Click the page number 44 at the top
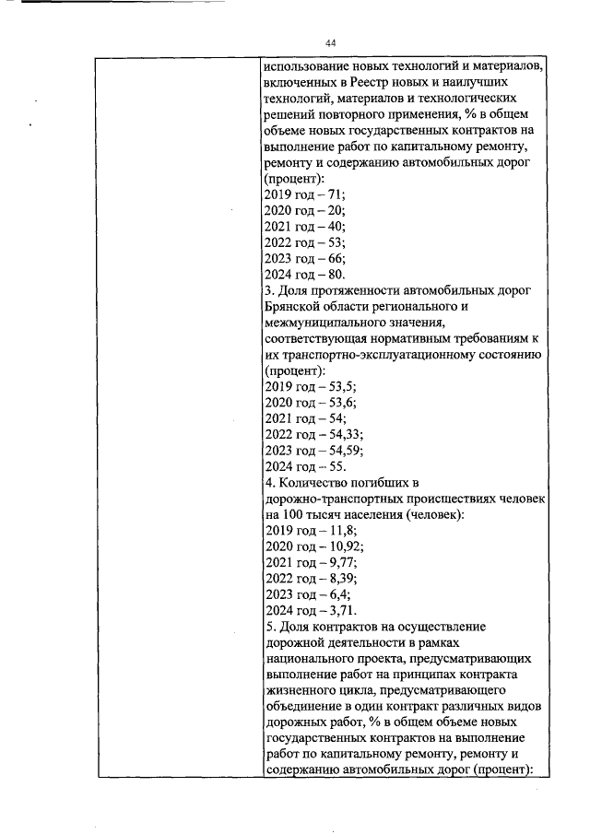tap(331, 43)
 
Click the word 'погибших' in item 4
tap(387, 482)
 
